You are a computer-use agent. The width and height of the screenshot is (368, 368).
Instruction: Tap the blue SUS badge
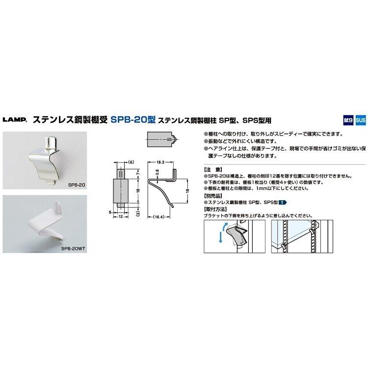coord(360,119)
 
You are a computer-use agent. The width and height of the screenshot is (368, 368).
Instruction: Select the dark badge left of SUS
coord(348,119)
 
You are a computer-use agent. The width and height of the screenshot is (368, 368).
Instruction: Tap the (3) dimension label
coord(138,213)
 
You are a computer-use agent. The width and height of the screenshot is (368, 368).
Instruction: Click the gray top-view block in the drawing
coord(159,139)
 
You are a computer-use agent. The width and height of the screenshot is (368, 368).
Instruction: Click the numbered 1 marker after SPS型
coord(283,202)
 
